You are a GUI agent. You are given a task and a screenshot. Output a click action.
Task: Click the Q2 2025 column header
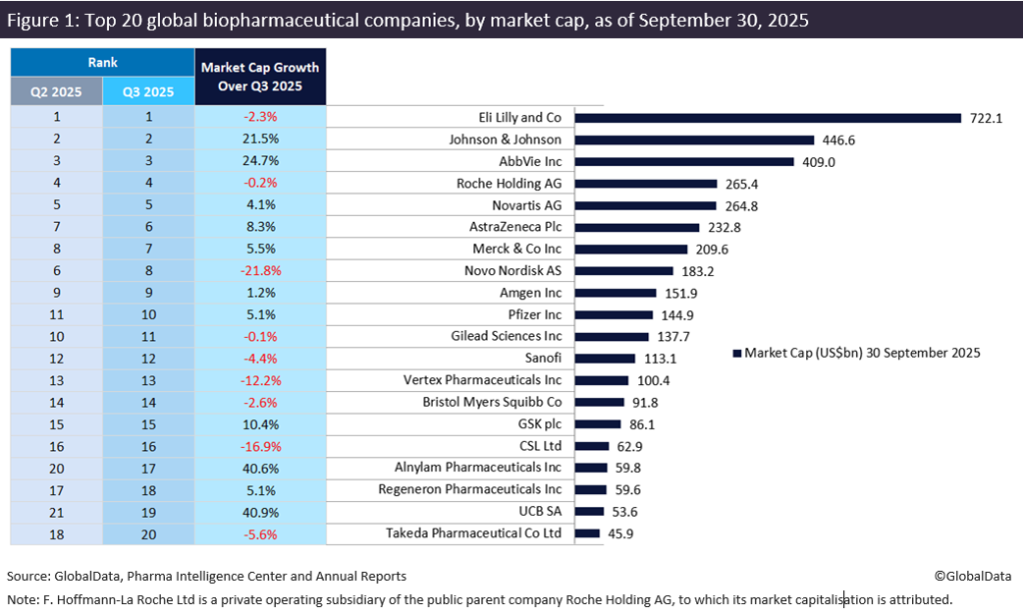[x=56, y=91]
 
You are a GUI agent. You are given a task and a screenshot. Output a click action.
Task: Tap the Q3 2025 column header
[x=148, y=91]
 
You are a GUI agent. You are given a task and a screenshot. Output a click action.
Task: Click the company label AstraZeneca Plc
[x=508, y=227]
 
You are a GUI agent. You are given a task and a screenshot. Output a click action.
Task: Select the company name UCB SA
[x=537, y=511]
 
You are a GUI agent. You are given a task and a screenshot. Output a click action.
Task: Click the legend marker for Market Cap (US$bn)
[x=737, y=353]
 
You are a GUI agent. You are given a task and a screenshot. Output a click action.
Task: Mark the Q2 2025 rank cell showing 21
[x=56, y=511]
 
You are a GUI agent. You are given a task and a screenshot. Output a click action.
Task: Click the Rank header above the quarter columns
[x=102, y=62]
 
